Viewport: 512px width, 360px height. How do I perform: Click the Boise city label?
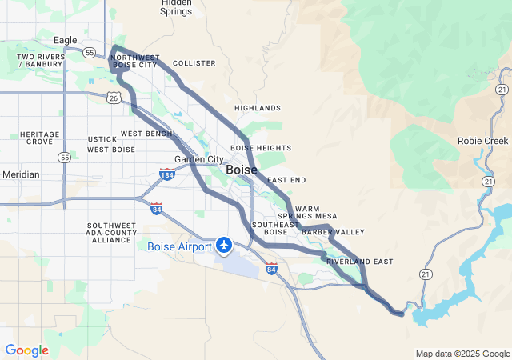(x=242, y=170)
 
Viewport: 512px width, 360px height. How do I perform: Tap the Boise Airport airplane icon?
(x=223, y=245)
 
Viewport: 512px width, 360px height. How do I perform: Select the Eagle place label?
(x=65, y=40)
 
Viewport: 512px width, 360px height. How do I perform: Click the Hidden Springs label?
(x=175, y=7)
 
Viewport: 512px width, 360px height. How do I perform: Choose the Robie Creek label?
(x=482, y=140)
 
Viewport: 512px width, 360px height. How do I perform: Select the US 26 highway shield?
(x=113, y=98)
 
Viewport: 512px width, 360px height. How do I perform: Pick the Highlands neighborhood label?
(x=258, y=108)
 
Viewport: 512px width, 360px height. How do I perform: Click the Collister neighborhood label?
(x=194, y=62)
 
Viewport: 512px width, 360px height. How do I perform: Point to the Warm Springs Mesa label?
(x=307, y=212)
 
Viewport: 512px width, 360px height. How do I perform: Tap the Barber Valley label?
(x=333, y=232)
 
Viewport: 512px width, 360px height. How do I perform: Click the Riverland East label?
(x=359, y=262)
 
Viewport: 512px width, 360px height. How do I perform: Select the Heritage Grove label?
(x=40, y=138)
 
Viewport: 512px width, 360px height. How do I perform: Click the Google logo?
(x=26, y=350)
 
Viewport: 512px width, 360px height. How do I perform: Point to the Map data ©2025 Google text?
(x=462, y=354)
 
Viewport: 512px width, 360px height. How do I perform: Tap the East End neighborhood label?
(x=286, y=181)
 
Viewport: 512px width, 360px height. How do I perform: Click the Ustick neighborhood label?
(x=103, y=139)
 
